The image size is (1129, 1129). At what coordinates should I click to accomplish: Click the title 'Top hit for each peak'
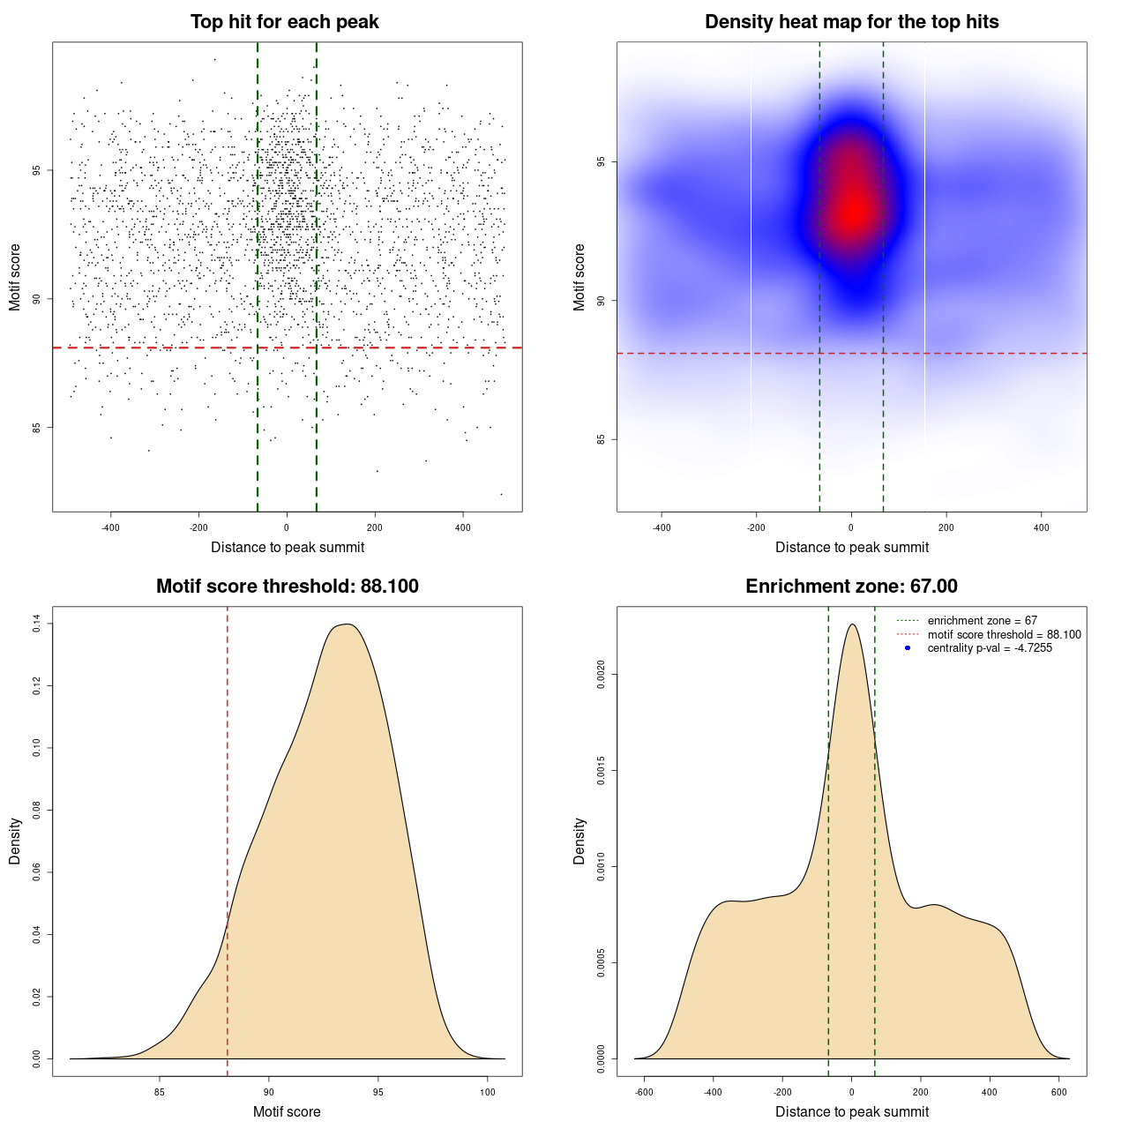point(285,22)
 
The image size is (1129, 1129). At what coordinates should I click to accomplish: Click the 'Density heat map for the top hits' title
point(851,22)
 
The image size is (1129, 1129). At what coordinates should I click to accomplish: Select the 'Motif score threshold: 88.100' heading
point(287,587)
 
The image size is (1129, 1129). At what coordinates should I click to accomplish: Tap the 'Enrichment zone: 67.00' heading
point(851,587)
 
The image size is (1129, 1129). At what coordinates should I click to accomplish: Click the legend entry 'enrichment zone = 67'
point(982,621)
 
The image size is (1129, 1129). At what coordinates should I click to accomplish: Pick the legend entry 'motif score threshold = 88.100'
point(1004,634)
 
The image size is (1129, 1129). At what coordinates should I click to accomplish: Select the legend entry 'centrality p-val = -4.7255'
point(990,648)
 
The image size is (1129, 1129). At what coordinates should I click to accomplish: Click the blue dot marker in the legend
point(908,648)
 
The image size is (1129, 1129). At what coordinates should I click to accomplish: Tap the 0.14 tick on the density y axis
point(37,624)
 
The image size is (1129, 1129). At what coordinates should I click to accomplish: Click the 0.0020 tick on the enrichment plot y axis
point(602,675)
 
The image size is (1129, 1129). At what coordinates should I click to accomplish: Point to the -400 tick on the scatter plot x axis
point(110,528)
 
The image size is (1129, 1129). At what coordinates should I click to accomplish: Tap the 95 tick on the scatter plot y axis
point(37,170)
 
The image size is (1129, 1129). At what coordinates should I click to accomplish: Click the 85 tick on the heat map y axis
point(602,439)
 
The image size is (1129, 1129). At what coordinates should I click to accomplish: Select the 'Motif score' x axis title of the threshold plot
point(287,1111)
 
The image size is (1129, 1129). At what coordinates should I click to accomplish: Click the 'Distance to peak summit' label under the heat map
point(851,547)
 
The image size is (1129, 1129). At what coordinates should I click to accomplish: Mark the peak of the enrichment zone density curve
point(852,624)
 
